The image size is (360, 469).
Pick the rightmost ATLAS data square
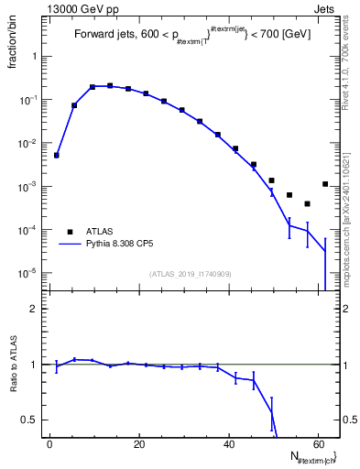click(325, 184)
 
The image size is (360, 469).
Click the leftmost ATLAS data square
click(57, 155)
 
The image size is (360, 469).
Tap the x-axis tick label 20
click(138, 444)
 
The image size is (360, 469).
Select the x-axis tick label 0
click(49, 444)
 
